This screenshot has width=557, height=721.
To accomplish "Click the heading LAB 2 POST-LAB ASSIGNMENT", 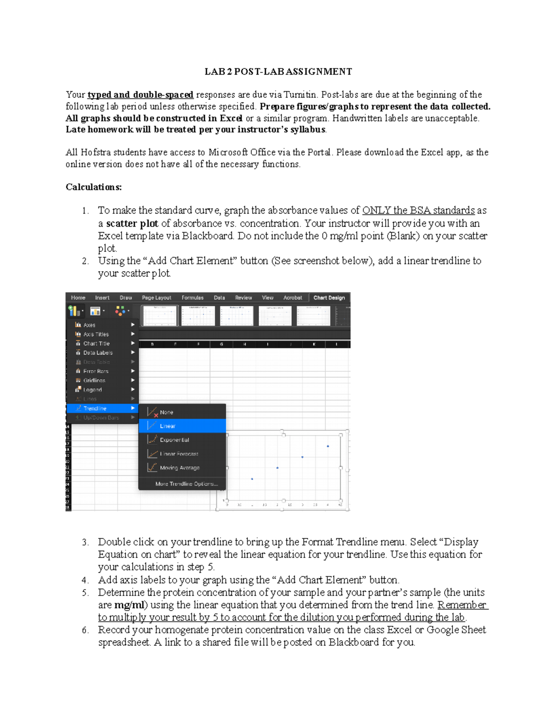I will (x=278, y=71).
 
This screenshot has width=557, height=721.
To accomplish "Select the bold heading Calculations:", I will (x=93, y=187).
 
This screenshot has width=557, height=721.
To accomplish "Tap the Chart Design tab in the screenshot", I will (x=329, y=298).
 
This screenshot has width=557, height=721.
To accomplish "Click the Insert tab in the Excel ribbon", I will (x=102, y=298).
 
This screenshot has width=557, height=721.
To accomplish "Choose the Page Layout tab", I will (x=156, y=298).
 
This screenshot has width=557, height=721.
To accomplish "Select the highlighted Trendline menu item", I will (x=95, y=409).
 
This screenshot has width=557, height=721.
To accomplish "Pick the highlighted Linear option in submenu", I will (x=168, y=426).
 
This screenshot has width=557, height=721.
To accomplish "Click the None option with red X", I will (x=166, y=412).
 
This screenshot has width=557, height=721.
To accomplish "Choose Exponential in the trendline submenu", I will (x=174, y=440).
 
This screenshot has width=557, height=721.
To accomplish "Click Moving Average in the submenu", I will (x=180, y=468).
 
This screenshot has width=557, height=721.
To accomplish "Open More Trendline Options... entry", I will (x=186, y=484).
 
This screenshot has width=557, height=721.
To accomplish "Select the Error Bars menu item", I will (x=96, y=371).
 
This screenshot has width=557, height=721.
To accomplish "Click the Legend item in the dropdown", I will (x=92, y=390).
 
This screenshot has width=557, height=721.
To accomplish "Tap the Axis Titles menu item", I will (x=96, y=334).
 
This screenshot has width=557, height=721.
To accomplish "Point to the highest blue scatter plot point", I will (x=328, y=446).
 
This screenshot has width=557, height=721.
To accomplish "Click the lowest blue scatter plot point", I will (x=252, y=479).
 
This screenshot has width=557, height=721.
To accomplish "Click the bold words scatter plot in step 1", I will (x=132, y=223).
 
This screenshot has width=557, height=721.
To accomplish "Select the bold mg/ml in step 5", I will (x=129, y=605).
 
